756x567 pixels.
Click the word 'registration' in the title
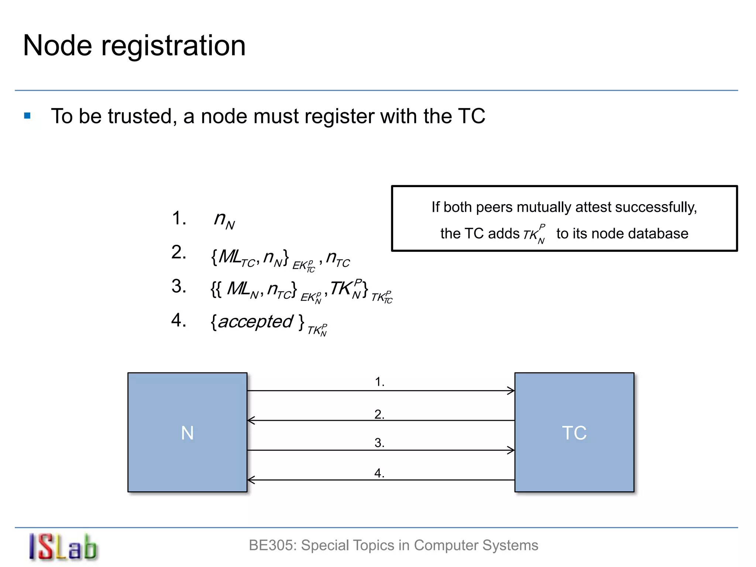(173, 46)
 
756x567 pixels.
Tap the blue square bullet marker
(27, 116)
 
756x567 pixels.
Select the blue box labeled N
(187, 432)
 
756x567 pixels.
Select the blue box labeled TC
(574, 432)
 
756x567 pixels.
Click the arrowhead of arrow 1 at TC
(512, 391)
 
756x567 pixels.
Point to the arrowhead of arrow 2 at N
(251, 420)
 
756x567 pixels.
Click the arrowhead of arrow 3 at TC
(512, 450)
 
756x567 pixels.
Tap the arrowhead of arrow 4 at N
(251, 480)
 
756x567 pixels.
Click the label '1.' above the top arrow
(379, 382)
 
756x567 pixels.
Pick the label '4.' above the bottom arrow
(379, 473)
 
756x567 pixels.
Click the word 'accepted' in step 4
(255, 322)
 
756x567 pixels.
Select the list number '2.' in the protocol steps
(179, 252)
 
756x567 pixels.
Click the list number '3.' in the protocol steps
(179, 286)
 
